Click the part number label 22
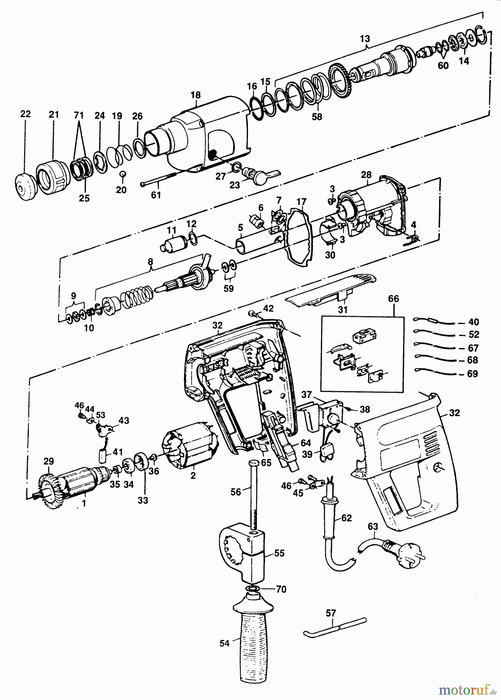click(x=25, y=114)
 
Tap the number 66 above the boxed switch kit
click(x=394, y=299)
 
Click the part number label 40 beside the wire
click(x=474, y=322)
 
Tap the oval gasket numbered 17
click(x=300, y=237)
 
